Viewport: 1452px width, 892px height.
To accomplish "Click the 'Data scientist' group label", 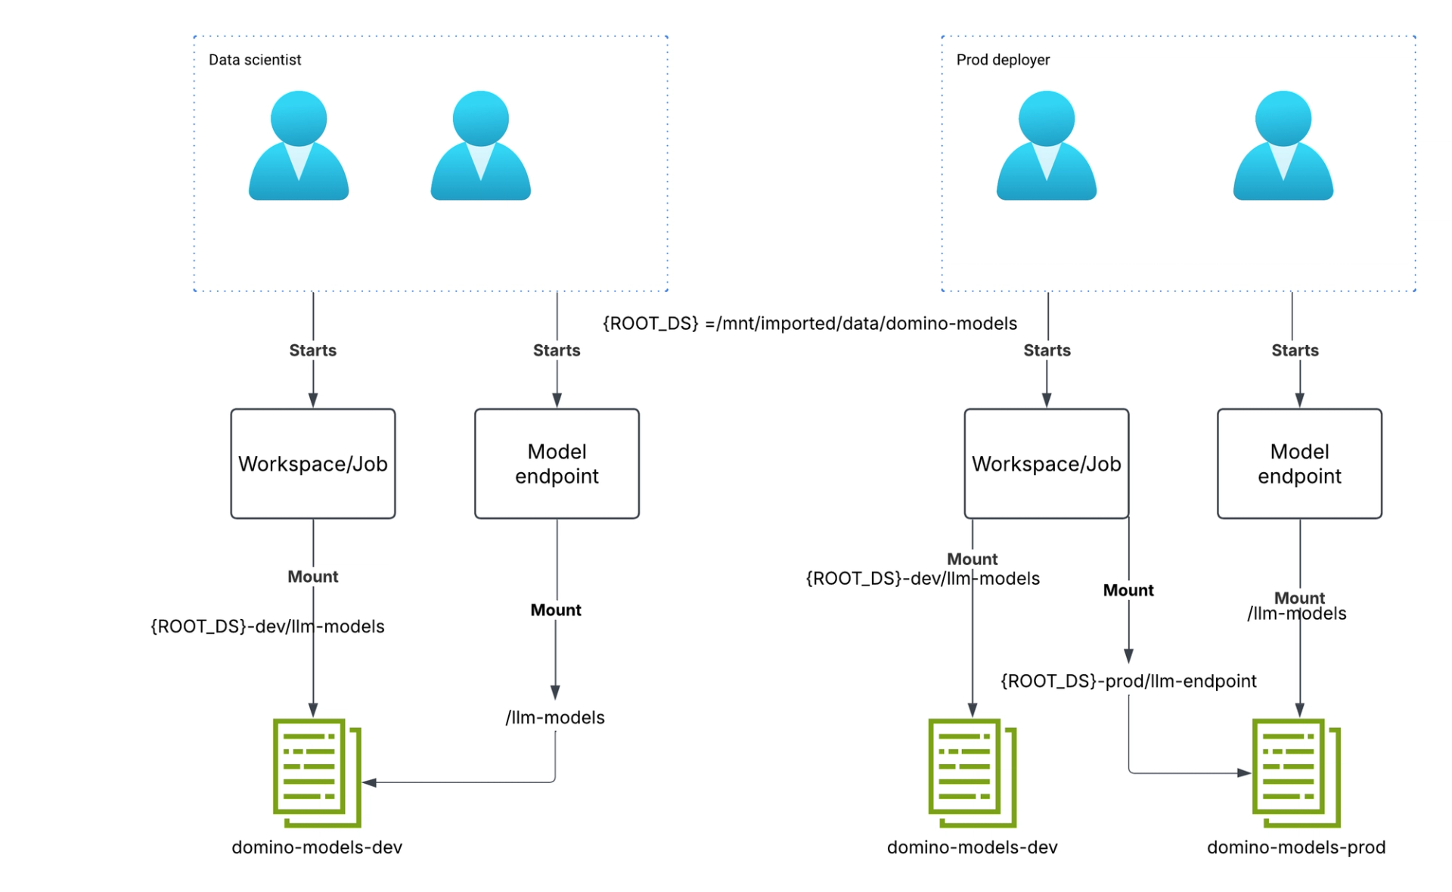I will [x=255, y=60].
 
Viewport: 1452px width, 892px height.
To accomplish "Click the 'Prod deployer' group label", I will [x=1003, y=60].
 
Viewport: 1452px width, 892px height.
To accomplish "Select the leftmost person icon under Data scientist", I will [x=299, y=145].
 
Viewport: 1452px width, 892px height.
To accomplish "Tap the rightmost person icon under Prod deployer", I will [x=1283, y=145].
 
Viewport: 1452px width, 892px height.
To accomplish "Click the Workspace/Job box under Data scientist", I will [x=313, y=464].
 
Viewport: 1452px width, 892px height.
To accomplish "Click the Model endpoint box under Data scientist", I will [x=557, y=464].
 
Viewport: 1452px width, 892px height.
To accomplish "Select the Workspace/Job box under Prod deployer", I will [x=1046, y=464].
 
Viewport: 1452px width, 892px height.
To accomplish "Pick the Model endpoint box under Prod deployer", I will [x=1299, y=464].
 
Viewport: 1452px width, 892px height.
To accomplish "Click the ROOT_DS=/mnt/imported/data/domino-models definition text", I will [x=809, y=324].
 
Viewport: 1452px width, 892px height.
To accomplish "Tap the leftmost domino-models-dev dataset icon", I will [x=316, y=772].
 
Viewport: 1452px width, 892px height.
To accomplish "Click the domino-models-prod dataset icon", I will [x=1295, y=772].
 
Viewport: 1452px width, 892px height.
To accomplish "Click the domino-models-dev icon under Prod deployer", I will [x=972, y=772].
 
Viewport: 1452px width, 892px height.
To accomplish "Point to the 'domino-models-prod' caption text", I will [x=1295, y=847].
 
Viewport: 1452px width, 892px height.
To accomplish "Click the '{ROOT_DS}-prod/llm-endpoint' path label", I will [x=1128, y=681].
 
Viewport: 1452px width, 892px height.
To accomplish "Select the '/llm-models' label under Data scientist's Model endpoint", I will [x=555, y=717].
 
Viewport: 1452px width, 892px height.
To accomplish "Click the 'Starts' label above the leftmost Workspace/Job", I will [x=312, y=350].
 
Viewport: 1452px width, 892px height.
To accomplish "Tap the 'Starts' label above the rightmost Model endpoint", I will [x=1295, y=350].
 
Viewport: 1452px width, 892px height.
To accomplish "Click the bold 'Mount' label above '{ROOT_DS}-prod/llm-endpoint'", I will [x=1128, y=590].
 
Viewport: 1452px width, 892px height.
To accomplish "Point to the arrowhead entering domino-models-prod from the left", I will [x=1244, y=773].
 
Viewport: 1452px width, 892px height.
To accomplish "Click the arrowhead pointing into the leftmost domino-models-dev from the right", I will [x=370, y=782].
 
